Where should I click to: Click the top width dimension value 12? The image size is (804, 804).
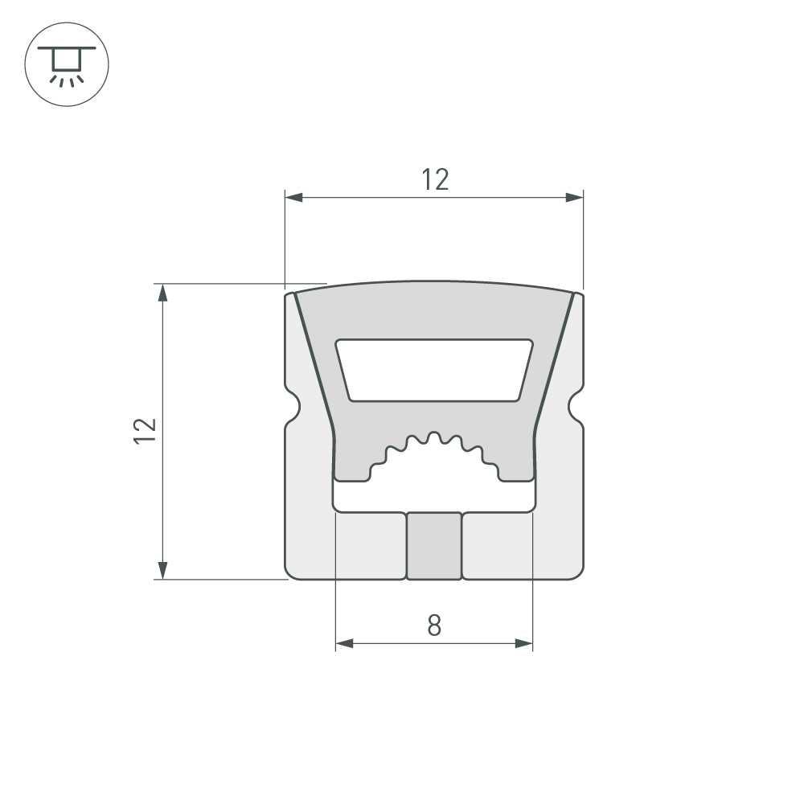435,180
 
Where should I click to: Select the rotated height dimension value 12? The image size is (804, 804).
145,431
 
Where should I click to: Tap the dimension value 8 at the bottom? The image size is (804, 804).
434,625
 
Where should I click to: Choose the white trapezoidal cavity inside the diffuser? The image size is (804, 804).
434,369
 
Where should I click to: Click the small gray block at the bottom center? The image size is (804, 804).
434,545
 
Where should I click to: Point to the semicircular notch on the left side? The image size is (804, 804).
293,406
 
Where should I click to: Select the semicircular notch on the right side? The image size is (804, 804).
576,406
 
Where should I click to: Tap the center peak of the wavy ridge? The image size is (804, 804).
434,437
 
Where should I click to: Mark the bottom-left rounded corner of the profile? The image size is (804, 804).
291,572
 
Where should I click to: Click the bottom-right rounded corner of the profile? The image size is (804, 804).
577,572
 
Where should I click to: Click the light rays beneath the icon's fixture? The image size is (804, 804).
67,80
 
